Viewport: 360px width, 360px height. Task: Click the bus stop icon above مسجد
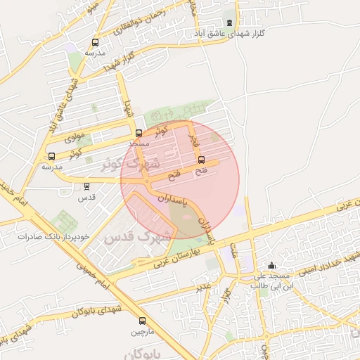[x=139, y=132]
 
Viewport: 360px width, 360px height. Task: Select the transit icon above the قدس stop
[x=86, y=186]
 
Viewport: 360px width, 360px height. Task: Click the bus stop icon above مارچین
[x=143, y=319]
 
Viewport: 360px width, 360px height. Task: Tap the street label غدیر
[x=204, y=287]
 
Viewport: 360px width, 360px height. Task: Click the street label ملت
[x=233, y=250]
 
